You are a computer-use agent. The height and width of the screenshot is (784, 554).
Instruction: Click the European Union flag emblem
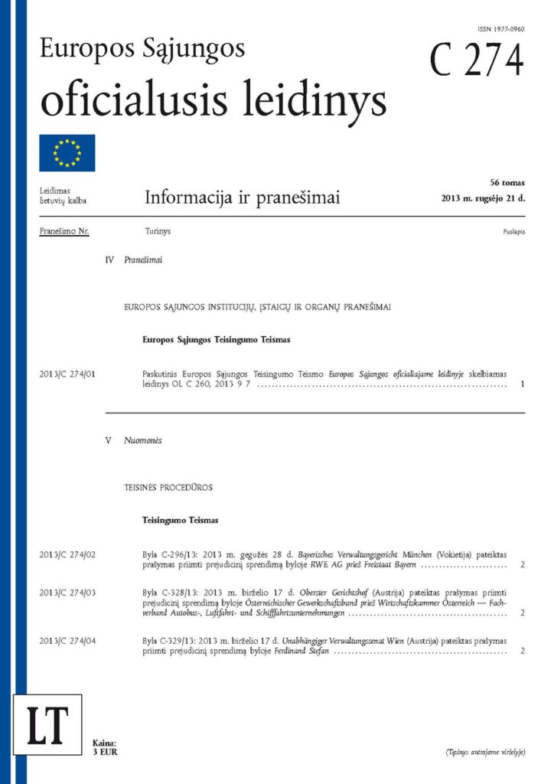click(x=67, y=153)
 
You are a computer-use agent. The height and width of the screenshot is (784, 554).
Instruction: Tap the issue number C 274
click(x=477, y=60)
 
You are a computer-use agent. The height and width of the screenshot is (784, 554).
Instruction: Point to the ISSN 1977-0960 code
click(x=500, y=28)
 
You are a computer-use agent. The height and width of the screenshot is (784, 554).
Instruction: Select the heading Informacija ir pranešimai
click(x=242, y=199)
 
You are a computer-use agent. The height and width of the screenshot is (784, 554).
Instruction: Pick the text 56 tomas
click(x=507, y=182)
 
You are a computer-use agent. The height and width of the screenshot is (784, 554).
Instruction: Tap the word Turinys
click(x=158, y=230)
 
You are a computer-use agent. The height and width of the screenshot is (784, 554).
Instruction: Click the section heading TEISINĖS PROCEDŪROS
click(x=168, y=487)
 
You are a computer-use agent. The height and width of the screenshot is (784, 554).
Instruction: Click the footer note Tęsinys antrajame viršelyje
click(x=485, y=753)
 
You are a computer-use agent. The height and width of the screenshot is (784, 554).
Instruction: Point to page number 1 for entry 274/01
click(x=521, y=384)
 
